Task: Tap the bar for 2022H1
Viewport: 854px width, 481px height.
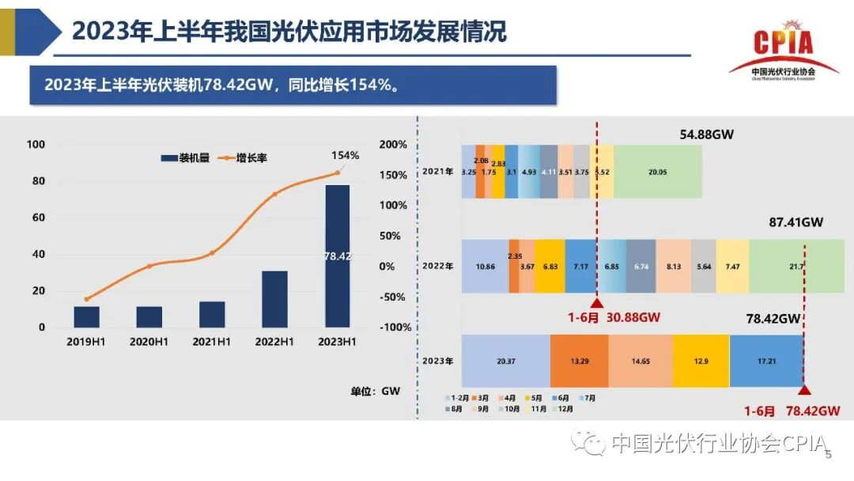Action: click(274, 299)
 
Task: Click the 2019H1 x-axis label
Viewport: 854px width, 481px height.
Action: click(87, 342)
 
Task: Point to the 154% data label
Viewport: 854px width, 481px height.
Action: click(346, 155)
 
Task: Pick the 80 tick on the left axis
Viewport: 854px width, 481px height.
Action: click(36, 181)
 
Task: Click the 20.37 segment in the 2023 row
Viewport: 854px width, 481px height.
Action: click(505, 361)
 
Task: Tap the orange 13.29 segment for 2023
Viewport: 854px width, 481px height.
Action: click(579, 361)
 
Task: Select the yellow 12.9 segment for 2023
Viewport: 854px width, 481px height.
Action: click(701, 361)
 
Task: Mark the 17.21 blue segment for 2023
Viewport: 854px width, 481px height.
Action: click(765, 361)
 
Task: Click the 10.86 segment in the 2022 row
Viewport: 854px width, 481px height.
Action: click(485, 267)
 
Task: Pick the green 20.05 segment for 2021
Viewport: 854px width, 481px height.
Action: click(657, 172)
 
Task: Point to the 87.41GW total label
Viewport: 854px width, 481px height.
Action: click(795, 223)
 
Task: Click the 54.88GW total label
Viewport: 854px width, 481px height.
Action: click(706, 134)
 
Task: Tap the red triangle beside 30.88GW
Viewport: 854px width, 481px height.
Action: click(597, 303)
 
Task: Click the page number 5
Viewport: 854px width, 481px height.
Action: click(829, 455)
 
